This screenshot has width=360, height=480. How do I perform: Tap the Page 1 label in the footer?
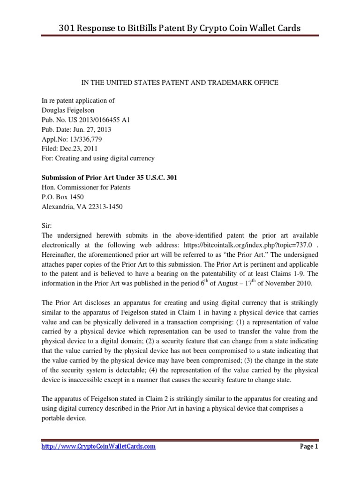pos(309,447)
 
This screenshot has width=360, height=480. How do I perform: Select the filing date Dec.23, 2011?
pos(82,149)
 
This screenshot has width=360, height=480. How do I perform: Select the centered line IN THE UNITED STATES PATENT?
pos(180,82)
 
